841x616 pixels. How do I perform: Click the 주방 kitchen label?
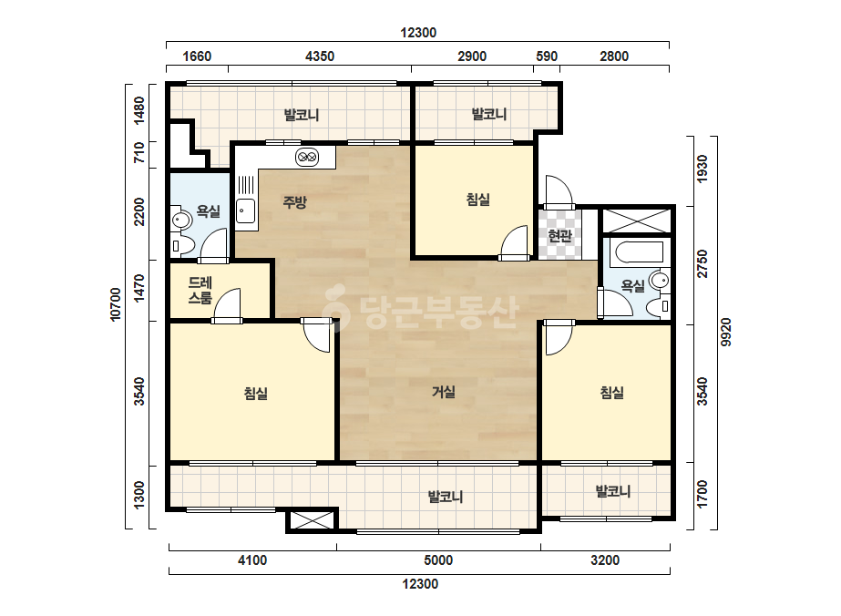pos(294,202)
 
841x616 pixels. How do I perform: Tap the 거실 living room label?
pos(444,392)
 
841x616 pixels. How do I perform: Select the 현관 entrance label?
pos(560,236)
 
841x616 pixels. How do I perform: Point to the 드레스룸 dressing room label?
pos(200,291)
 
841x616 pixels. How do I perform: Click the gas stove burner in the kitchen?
pos(307,157)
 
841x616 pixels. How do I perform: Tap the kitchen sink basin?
pos(246,210)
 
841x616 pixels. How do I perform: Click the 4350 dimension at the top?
pos(320,56)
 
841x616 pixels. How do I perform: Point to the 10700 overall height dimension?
pos(116,304)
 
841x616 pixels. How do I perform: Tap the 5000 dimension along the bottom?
pos(438,560)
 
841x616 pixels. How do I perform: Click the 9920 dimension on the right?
pos(725,332)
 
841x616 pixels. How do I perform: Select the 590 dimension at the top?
pos(547,56)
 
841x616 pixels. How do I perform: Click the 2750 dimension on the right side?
pos(703,264)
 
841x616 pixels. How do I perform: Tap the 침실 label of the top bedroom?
pos(477,200)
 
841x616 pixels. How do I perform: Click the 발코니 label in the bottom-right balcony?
pos(613,491)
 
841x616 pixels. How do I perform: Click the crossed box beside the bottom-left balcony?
pos(312,520)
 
